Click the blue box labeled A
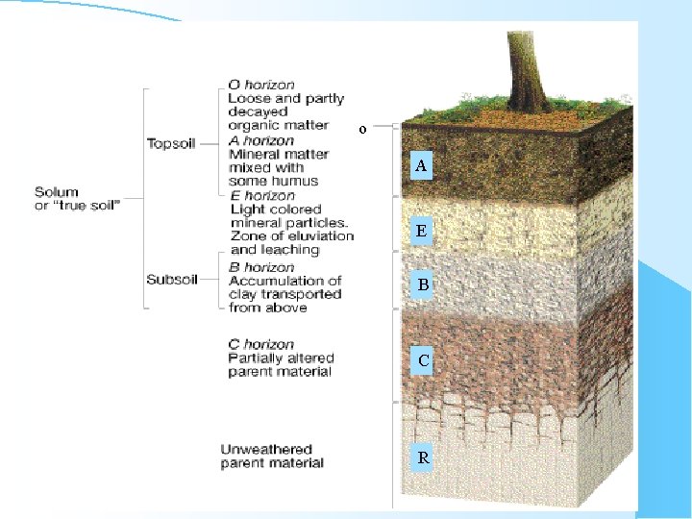tap(421, 166)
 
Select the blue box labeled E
tap(421, 231)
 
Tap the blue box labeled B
tap(423, 284)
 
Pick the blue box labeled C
tap(423, 361)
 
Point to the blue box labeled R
tap(423, 457)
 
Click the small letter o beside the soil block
tap(362, 129)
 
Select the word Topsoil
tap(170, 144)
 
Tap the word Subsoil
tap(170, 280)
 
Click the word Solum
tap(57, 192)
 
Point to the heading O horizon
tap(261, 85)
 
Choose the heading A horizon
tap(261, 140)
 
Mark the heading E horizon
tap(262, 195)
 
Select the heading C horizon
tap(261, 344)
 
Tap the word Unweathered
tap(266, 449)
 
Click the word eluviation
tap(319, 235)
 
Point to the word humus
tap(299, 181)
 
